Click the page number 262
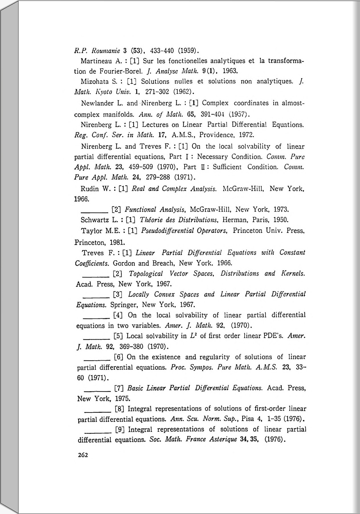click(x=83, y=455)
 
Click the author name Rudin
click(x=89, y=189)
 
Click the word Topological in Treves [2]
click(x=146, y=274)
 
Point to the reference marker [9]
click(x=120, y=429)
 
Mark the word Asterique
click(x=223, y=439)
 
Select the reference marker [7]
click(x=119, y=388)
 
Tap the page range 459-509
click(x=141, y=167)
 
